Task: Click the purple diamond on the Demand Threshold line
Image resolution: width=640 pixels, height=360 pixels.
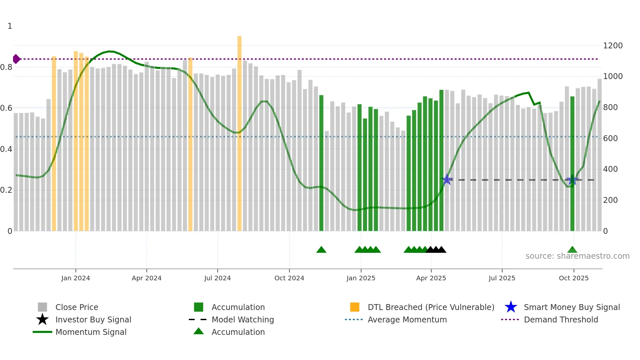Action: click(x=16, y=59)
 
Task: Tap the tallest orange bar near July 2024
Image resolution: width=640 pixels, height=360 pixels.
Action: click(x=239, y=131)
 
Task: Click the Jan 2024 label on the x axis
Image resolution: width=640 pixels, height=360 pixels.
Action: click(x=75, y=278)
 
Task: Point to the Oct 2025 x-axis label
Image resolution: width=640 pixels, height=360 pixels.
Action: click(x=573, y=278)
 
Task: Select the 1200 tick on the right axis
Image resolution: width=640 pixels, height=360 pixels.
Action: click(x=613, y=46)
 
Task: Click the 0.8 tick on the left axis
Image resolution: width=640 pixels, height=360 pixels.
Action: click(x=7, y=67)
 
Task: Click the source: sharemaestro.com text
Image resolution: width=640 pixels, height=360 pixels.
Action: click(x=577, y=256)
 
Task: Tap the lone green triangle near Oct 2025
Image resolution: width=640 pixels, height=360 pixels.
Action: click(x=572, y=250)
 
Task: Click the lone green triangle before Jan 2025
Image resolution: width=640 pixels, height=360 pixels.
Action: click(x=321, y=250)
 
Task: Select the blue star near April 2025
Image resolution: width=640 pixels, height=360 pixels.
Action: click(x=447, y=180)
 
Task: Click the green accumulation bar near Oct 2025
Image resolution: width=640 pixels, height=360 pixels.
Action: click(x=572, y=163)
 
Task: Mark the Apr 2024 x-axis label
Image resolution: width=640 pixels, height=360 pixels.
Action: click(x=146, y=278)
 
